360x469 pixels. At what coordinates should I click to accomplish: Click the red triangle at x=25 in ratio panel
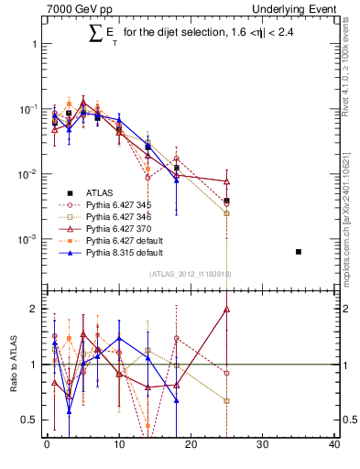pyautogui.click(x=226, y=310)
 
